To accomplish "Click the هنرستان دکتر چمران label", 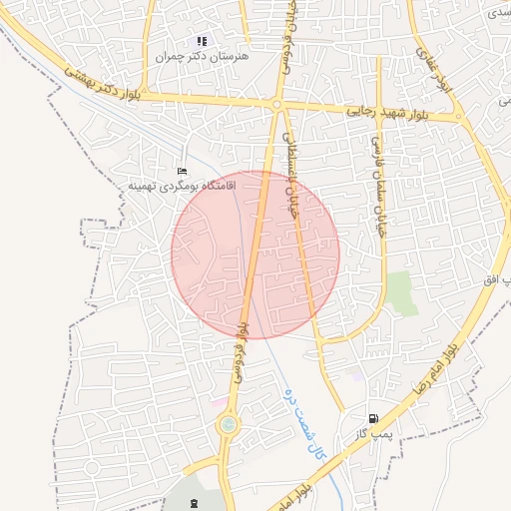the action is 203,57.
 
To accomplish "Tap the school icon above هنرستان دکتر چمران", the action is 202,42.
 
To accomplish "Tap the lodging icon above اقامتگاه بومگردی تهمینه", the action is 181,172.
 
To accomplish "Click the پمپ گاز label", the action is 370,435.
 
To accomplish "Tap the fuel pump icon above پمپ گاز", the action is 373,419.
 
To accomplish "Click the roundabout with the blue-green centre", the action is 229,426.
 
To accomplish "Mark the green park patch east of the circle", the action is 402,293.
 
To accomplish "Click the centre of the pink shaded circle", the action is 255,255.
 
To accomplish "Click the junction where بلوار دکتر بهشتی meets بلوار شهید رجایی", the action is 277,104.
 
